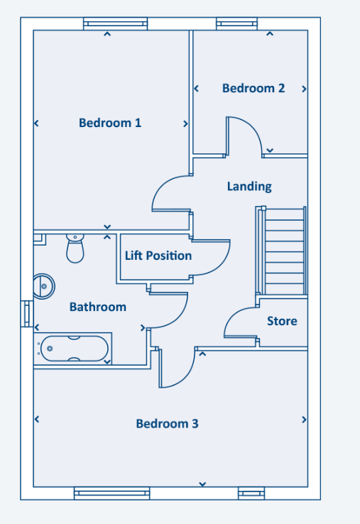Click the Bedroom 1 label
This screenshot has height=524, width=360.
point(110,123)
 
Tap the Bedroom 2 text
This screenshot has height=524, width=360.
point(253,88)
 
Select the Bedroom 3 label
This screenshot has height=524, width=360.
point(167,424)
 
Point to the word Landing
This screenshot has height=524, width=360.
point(249,187)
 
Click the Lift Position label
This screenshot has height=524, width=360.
point(158,256)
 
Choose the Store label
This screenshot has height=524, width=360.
point(282,321)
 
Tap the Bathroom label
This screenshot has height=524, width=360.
point(98,307)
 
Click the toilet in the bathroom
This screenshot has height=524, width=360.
point(75,249)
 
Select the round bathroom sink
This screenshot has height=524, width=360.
point(44,286)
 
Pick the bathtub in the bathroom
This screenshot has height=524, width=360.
point(73,349)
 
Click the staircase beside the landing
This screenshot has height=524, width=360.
point(281,251)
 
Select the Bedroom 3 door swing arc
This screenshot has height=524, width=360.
point(187,376)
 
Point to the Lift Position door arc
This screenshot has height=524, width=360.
point(222,263)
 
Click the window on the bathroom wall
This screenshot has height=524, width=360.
point(27,313)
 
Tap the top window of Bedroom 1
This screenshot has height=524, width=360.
point(115,23)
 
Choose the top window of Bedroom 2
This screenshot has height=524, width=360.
point(237,23)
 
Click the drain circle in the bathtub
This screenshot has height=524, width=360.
point(50,349)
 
